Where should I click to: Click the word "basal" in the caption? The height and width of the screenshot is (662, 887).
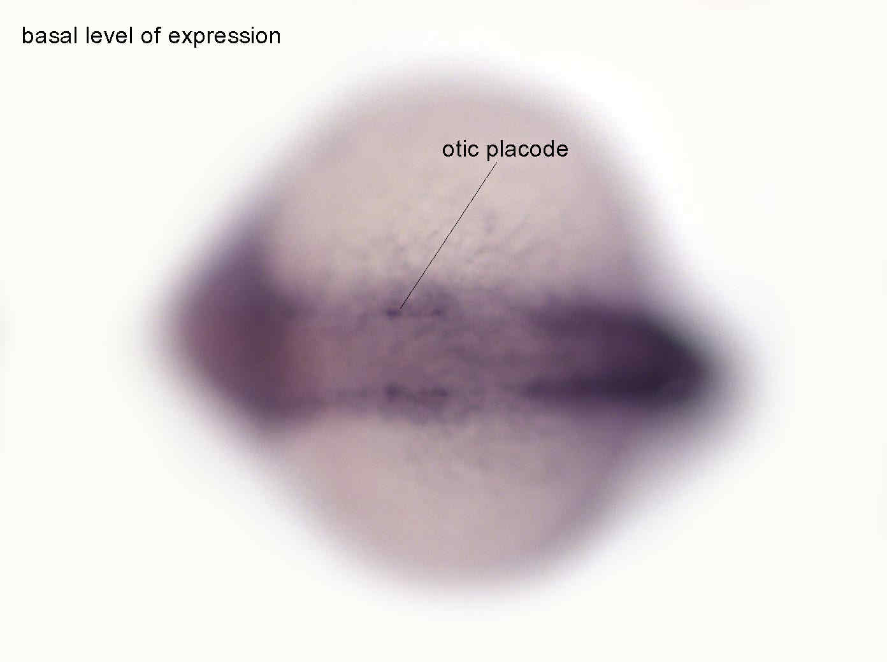pyautogui.click(x=49, y=36)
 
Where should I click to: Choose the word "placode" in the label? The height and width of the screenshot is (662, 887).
pyautogui.click(x=528, y=151)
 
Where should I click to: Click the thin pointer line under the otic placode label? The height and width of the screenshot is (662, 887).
pyautogui.click(x=448, y=236)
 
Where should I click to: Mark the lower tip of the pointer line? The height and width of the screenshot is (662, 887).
pyautogui.click(x=400, y=309)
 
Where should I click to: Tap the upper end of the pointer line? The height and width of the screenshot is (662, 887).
pyautogui.click(x=496, y=163)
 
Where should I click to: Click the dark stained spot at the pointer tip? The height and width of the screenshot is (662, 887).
pyautogui.click(x=392, y=312)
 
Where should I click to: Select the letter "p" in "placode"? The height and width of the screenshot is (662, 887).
pyautogui.click(x=492, y=153)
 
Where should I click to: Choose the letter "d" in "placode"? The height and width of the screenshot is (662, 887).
pyautogui.click(x=546, y=150)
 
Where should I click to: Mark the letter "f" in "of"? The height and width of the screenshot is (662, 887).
pyautogui.click(x=157, y=36)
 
